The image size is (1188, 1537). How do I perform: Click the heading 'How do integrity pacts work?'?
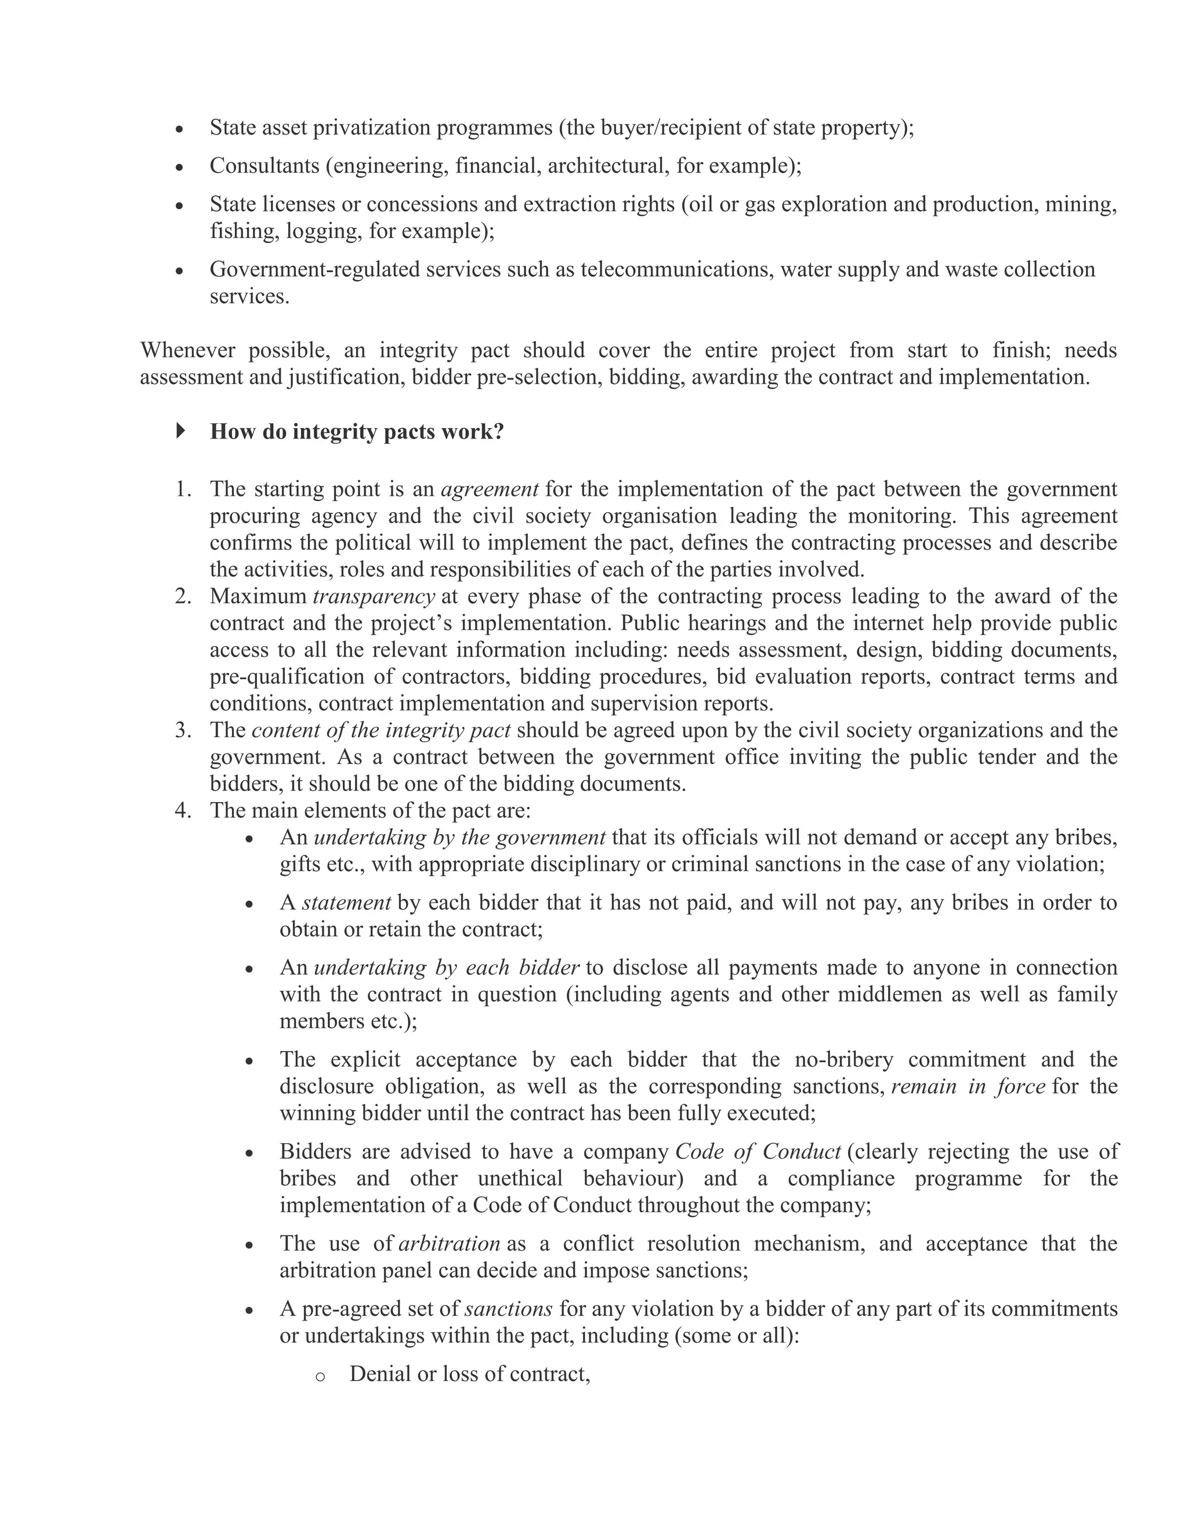[x=357, y=432]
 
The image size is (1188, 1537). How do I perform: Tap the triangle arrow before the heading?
[x=181, y=430]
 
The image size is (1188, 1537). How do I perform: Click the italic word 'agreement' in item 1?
[x=490, y=488]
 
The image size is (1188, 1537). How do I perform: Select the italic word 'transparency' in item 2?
[x=374, y=596]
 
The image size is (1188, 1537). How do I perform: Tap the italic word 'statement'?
[x=346, y=902]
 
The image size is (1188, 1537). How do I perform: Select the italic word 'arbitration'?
[x=449, y=1243]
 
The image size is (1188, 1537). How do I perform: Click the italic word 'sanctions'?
[x=509, y=1308]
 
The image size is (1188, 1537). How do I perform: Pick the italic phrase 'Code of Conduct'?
[x=758, y=1151]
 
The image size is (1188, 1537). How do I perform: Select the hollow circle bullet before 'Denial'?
[x=320, y=1376]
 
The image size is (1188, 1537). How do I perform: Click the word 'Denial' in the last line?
[x=380, y=1373]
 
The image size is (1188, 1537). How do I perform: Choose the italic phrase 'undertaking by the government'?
[x=459, y=838]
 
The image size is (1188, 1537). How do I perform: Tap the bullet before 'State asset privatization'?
[x=180, y=129]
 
